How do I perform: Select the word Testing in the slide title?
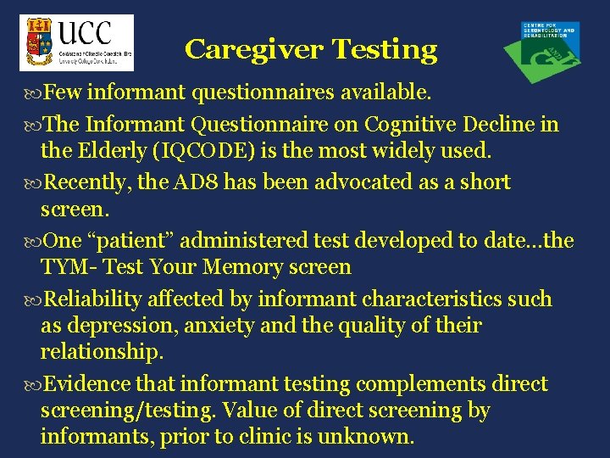pos(385,50)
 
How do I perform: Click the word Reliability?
pos(92,299)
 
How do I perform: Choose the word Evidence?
pos(83,384)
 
